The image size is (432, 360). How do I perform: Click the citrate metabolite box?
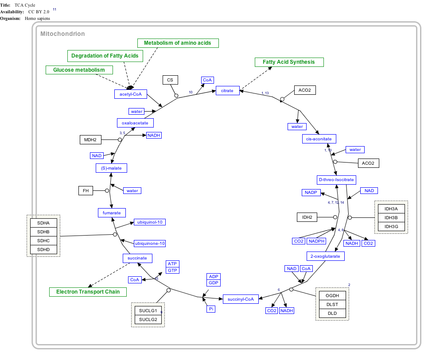[x=227, y=91]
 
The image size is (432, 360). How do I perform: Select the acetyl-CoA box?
[x=130, y=94]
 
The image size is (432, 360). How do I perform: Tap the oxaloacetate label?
[x=136, y=123]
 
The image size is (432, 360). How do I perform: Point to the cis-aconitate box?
[x=319, y=139]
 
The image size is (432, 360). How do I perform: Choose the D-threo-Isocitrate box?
[x=337, y=180]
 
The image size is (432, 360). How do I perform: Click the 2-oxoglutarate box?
[x=326, y=256]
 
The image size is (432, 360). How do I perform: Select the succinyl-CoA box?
[x=241, y=299]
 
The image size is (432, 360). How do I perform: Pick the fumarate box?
[x=112, y=213]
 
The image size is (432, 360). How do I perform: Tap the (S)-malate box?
[x=111, y=168]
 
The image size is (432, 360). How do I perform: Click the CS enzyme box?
[x=170, y=80]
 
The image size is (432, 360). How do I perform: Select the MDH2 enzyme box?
[x=90, y=140]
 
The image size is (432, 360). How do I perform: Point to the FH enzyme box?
[x=86, y=191]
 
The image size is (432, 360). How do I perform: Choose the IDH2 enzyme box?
[x=307, y=217]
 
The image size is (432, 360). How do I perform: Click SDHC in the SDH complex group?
[x=43, y=240]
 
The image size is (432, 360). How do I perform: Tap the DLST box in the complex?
[x=332, y=304]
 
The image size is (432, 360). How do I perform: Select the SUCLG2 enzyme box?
[x=148, y=319]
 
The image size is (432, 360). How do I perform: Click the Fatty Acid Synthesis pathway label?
[x=289, y=62]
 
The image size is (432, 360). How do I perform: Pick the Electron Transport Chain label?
[x=88, y=292]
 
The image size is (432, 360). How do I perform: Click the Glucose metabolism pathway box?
[x=79, y=70]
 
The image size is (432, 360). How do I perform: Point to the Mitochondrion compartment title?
[x=62, y=34]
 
